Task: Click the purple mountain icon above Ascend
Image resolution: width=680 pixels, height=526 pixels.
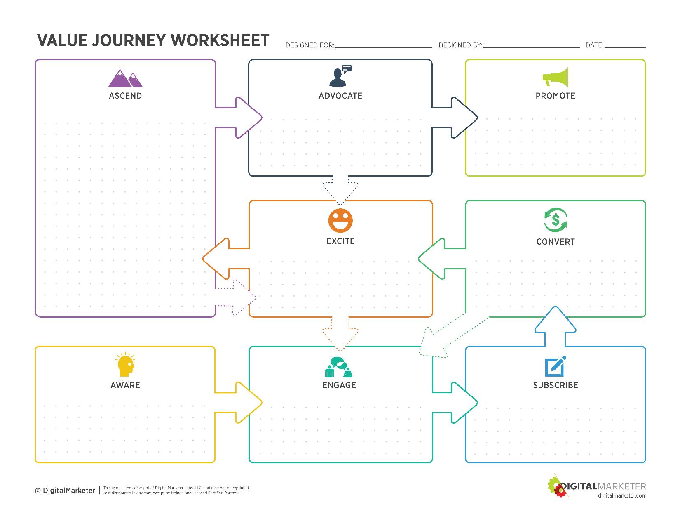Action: [x=125, y=78]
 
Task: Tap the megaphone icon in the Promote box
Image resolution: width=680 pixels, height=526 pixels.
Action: [x=556, y=78]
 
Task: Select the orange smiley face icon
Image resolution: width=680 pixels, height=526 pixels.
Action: [x=340, y=220]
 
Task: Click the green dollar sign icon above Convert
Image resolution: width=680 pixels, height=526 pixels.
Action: [x=556, y=220]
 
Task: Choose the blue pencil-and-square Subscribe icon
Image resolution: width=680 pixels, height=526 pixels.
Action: [x=556, y=366]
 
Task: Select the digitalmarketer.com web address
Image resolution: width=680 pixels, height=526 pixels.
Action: [x=622, y=495]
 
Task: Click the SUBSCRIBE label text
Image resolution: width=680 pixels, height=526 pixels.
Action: [x=556, y=385]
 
